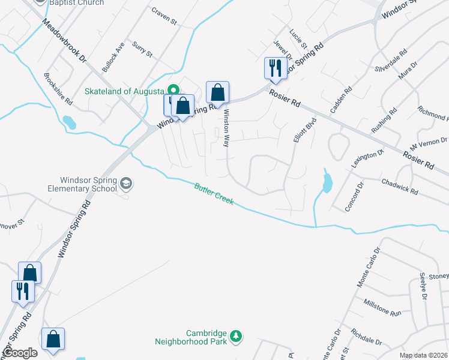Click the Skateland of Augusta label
pyautogui.click(x=124, y=91)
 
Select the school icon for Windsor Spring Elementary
pyautogui.click(x=126, y=183)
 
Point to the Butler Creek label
pyautogui.click(x=214, y=194)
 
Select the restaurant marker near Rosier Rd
pyautogui.click(x=273, y=68)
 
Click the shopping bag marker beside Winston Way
pyautogui.click(x=217, y=93)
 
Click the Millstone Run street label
pyautogui.click(x=382, y=308)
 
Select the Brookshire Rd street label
pyautogui.click(x=58, y=88)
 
